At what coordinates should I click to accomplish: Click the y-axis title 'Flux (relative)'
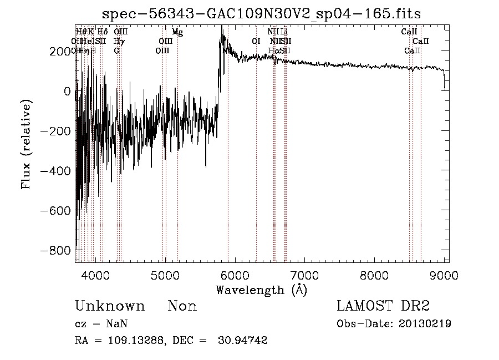[x=26, y=144]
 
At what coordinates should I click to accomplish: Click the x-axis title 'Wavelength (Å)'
[x=261, y=290]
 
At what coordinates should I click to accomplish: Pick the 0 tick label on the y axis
[x=67, y=91]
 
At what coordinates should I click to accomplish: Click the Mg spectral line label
[x=177, y=32]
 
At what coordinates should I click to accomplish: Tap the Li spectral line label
[x=284, y=32]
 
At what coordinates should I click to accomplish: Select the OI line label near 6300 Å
[x=256, y=41]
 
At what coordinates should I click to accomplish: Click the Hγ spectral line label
[x=119, y=41]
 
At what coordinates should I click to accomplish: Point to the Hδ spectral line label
[x=103, y=32]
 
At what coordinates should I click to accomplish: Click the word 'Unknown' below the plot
[x=110, y=307]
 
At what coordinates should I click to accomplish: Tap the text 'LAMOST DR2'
[x=383, y=306]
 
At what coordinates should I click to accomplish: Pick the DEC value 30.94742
[x=245, y=341]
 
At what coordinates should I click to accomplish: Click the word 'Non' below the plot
[x=182, y=307]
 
